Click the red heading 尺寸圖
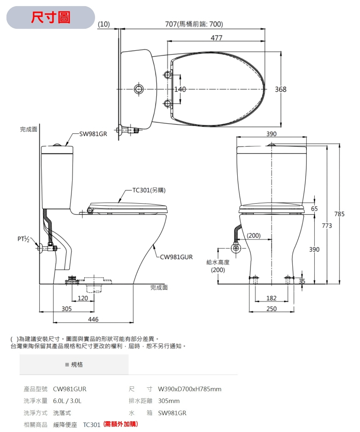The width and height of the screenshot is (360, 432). [x=51, y=17]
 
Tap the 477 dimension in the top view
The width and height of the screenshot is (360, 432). [x=216, y=38]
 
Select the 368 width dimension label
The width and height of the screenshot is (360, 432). [x=280, y=89]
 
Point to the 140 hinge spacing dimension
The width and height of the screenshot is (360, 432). [x=180, y=89]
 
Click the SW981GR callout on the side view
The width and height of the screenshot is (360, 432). [x=93, y=134]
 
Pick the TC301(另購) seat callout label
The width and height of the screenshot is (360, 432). [x=149, y=190]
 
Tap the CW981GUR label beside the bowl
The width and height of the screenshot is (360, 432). [x=176, y=257]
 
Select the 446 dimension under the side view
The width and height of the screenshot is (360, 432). [x=93, y=319]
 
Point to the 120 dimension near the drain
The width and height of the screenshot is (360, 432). [x=83, y=298]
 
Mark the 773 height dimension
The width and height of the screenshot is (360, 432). [x=327, y=226]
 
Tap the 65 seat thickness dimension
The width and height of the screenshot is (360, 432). [x=314, y=209]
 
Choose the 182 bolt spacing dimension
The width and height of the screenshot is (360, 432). [x=271, y=298]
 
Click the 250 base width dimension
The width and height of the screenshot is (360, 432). [x=271, y=309]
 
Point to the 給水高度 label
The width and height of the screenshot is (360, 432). [x=218, y=262]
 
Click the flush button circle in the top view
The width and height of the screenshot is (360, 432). [x=138, y=89]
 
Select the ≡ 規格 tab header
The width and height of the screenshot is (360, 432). [x=74, y=365]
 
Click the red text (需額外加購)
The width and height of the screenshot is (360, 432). [x=121, y=424]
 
